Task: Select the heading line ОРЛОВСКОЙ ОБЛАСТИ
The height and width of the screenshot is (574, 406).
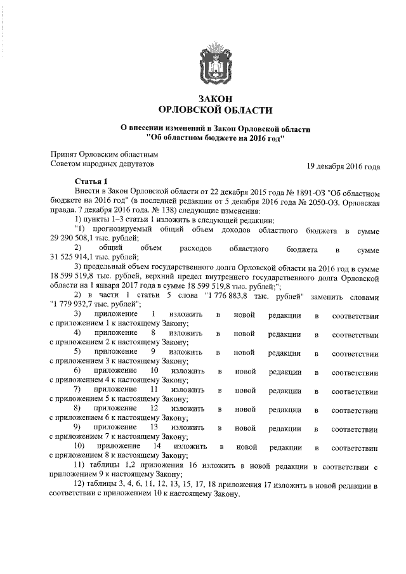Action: (x=215, y=110)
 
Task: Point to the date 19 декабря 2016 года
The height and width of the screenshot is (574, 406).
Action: (x=343, y=167)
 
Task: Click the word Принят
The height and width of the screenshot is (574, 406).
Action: (x=63, y=154)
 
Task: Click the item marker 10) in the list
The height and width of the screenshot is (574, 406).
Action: (x=81, y=447)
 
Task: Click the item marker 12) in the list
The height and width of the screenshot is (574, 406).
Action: (x=81, y=486)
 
